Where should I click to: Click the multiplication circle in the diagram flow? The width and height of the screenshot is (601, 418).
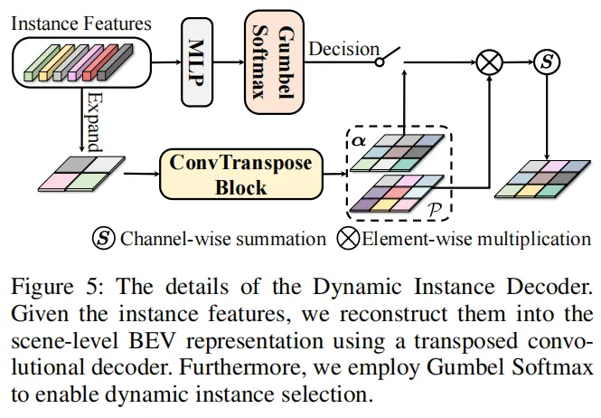click(489, 62)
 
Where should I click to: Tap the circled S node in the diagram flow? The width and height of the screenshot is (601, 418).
click(546, 62)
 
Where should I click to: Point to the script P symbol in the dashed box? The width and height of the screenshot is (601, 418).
click(432, 210)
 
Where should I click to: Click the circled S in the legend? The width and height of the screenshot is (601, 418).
click(102, 240)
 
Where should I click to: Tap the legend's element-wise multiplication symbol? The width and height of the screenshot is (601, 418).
click(348, 240)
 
